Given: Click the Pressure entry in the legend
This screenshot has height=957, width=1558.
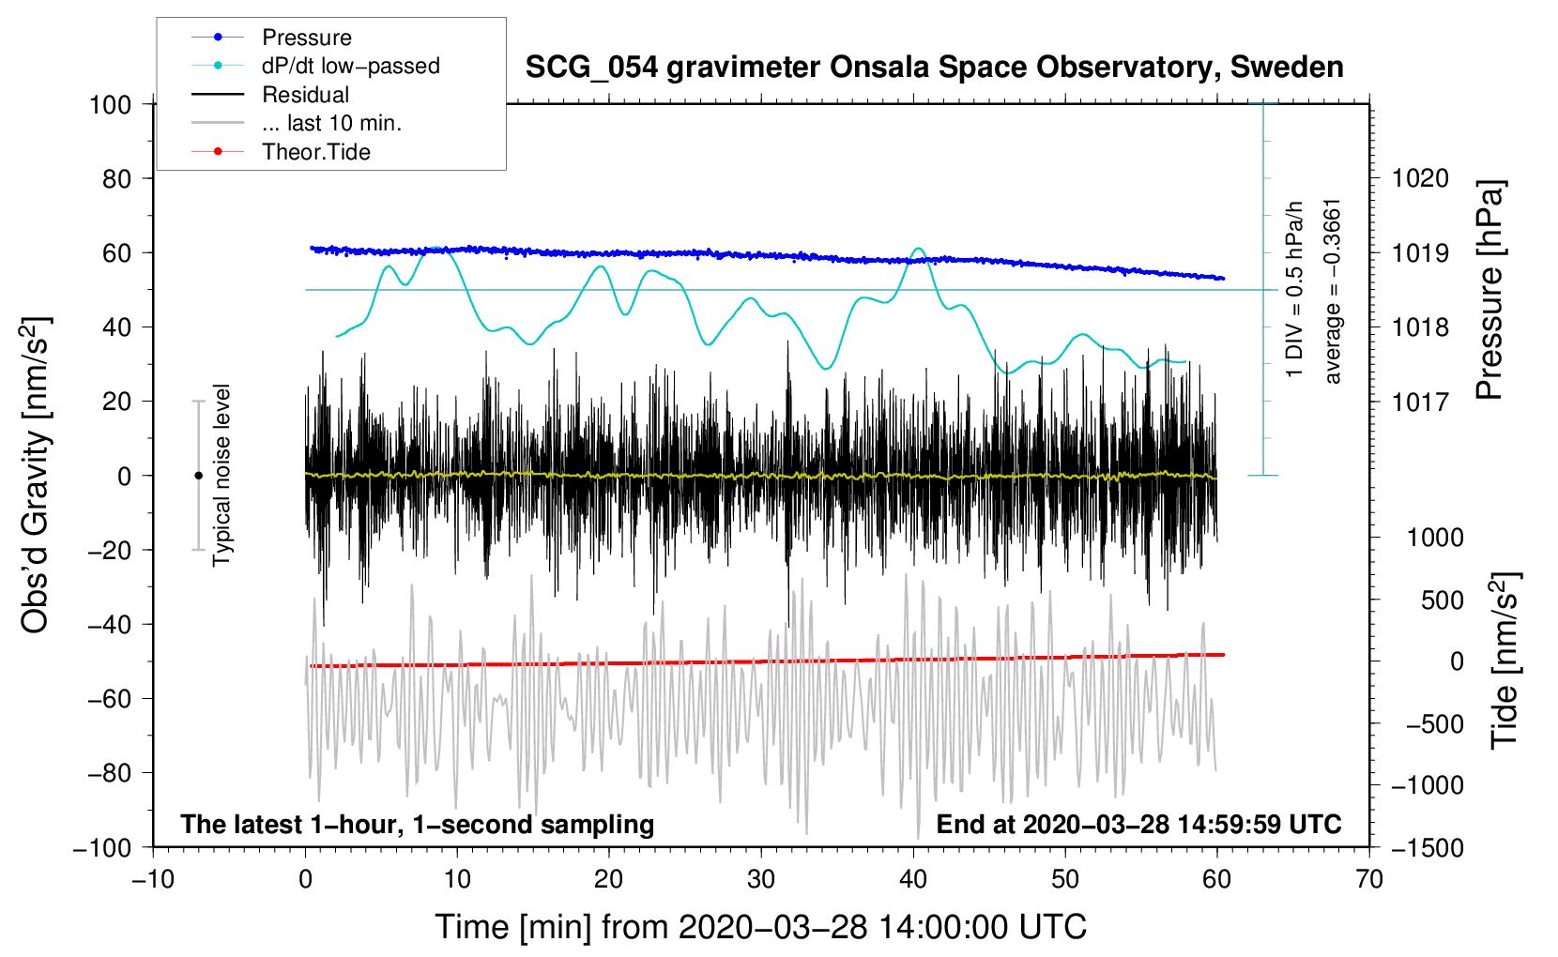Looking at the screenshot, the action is point(306,37).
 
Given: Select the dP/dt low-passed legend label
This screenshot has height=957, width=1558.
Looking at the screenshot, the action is point(351,66).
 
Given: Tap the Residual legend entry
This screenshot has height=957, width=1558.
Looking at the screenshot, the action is point(305,95).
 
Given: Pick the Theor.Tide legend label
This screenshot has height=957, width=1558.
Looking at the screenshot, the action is point(315,152).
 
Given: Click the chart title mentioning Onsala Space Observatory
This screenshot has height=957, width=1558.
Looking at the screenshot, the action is point(934,68).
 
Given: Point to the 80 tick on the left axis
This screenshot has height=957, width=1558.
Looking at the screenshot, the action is point(116,179).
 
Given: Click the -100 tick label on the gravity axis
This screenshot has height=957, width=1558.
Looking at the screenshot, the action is point(102,848).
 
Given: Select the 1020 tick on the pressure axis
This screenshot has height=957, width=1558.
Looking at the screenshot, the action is point(1420,179).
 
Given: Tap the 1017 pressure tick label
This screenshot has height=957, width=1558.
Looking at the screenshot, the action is point(1420,402).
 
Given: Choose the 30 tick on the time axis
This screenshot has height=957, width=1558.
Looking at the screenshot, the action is point(761,880).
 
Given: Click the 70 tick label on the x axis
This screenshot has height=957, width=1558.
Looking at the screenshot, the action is point(1368,880).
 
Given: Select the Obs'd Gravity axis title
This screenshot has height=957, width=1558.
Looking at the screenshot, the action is point(37,475).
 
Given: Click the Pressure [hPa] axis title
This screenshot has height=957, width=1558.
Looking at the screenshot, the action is point(1489,290).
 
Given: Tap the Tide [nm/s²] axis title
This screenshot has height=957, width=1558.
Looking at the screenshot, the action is point(1505,661).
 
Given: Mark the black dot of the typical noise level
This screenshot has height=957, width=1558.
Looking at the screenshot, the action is point(198,476).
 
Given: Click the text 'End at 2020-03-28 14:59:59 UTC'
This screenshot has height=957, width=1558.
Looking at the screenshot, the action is point(1138,824).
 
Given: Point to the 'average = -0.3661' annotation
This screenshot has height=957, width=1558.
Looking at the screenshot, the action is point(1331,292).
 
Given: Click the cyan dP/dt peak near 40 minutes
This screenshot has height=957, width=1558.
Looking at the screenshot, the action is point(919,249).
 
